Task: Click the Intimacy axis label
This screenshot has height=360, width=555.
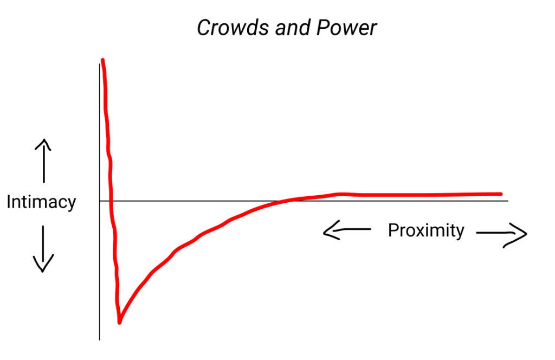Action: tap(41, 202)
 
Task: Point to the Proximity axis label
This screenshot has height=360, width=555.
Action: tap(426, 230)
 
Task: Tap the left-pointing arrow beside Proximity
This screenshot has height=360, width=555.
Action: tap(346, 232)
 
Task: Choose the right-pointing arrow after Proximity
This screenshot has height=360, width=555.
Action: tap(502, 234)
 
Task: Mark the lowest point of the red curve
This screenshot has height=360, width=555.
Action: tap(119, 322)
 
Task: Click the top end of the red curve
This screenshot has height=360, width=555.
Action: tap(102, 60)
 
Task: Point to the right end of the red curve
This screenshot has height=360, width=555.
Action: tap(500, 194)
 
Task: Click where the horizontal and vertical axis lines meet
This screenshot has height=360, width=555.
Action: tap(100, 201)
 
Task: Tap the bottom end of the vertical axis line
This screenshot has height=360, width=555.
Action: tap(100, 339)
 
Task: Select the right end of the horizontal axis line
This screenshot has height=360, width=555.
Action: tap(508, 201)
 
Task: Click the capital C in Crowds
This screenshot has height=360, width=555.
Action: tap(203, 28)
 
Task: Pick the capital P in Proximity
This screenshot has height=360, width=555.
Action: tap(393, 230)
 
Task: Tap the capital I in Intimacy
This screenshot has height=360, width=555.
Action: tap(9, 202)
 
